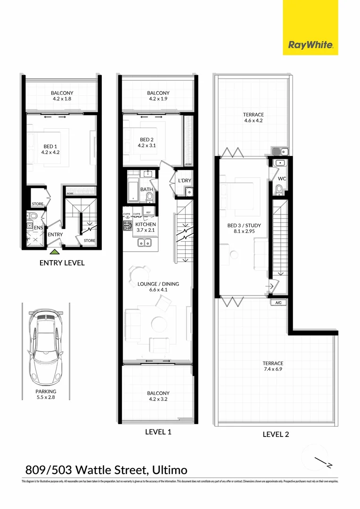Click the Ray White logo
(x=311, y=45)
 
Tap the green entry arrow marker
(x=56, y=253)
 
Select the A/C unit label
(x=278, y=303)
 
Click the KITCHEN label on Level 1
(x=146, y=224)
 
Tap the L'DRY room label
(x=184, y=181)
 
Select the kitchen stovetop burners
(x=128, y=226)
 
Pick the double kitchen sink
(x=144, y=243)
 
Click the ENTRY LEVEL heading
(x=62, y=263)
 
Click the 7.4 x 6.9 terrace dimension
(x=273, y=369)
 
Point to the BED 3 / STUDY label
(x=244, y=225)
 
